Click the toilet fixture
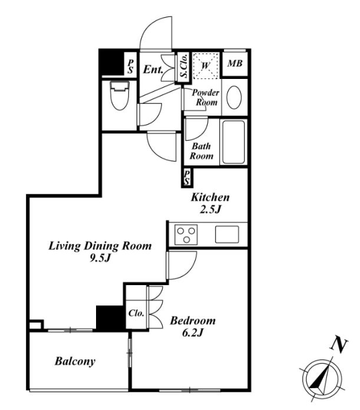tap(120, 95)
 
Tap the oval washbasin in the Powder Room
tap(234, 97)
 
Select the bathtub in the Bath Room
tap(233, 142)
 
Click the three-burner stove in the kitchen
tap(186, 234)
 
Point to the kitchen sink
tap(227, 234)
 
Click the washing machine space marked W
tap(206, 65)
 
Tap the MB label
tap(235, 63)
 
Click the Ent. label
tap(153, 70)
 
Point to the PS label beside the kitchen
tap(187, 177)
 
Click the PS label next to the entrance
tap(130, 67)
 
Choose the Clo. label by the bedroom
tap(136, 313)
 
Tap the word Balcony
tap(75, 362)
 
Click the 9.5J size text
tap(100, 259)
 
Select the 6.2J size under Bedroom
tap(193, 333)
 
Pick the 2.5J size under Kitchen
tap(210, 210)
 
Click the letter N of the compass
tap(339, 346)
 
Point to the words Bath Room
tap(202, 151)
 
